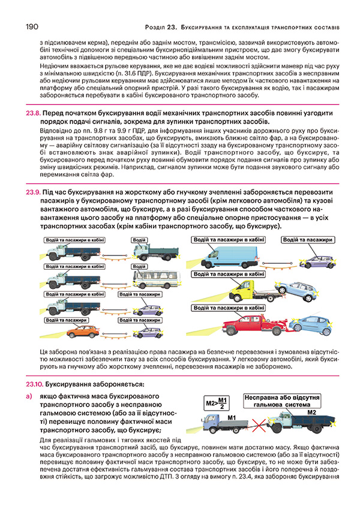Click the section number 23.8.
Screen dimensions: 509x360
click(32, 113)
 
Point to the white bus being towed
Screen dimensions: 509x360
click(145, 280)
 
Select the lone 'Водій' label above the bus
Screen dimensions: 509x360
click(139, 266)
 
